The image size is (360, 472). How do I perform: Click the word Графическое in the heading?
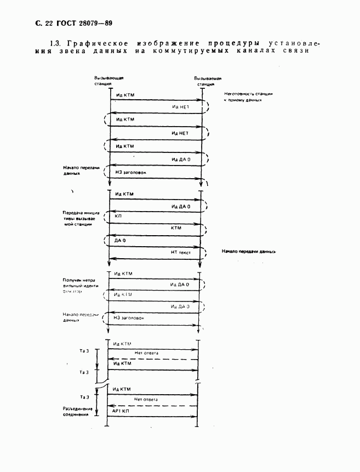click(x=93, y=43)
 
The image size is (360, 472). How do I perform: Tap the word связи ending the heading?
click(x=291, y=51)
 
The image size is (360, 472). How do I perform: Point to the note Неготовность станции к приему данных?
click(x=248, y=97)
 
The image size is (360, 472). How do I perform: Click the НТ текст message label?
click(x=180, y=251)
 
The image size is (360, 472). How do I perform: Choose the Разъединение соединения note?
click(x=75, y=411)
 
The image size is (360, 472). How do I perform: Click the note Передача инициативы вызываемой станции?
click(x=77, y=218)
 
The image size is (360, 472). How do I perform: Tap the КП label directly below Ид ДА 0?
click(x=118, y=217)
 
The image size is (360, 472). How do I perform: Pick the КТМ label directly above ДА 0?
click(x=176, y=227)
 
